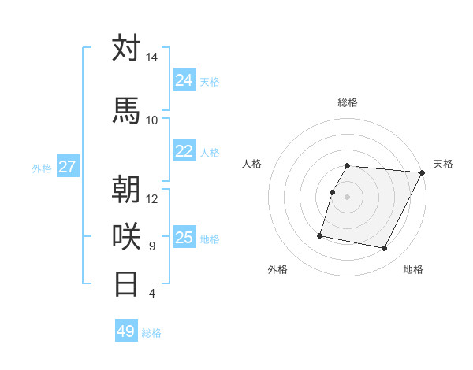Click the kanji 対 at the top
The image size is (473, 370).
point(127,49)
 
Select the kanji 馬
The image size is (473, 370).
point(127,110)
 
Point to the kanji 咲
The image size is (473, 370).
point(127,236)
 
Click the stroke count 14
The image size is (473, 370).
point(151,57)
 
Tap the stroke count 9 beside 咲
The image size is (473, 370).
point(151,246)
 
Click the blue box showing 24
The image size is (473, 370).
point(184,80)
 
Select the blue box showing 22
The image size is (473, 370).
point(184,151)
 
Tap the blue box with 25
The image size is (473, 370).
point(184,238)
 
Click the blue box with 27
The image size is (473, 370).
point(68,167)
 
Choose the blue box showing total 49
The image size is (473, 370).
point(125,331)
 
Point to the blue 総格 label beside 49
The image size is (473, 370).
point(151,333)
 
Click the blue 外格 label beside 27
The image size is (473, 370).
point(42,168)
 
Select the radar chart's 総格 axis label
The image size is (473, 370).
point(348,102)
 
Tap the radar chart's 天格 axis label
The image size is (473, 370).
point(443,164)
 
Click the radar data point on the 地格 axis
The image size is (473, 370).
point(385,249)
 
